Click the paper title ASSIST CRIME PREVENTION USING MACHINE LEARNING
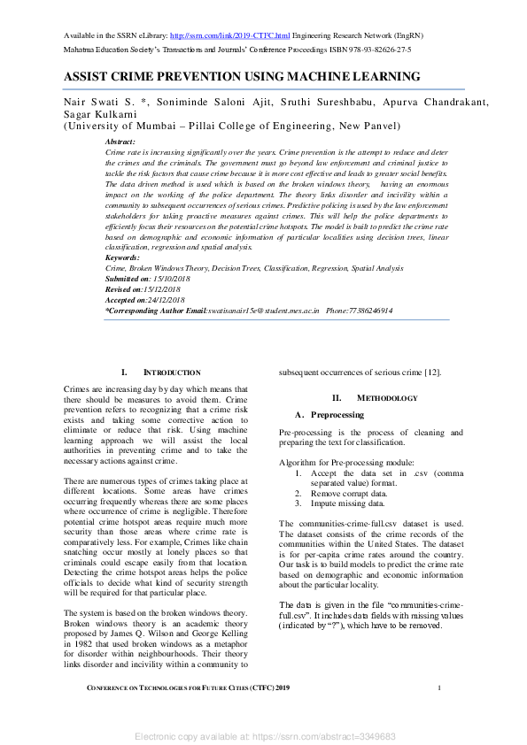tap(242, 77)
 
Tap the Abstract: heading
tap(120, 142)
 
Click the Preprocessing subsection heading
tap(336, 414)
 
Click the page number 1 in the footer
tap(439, 687)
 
